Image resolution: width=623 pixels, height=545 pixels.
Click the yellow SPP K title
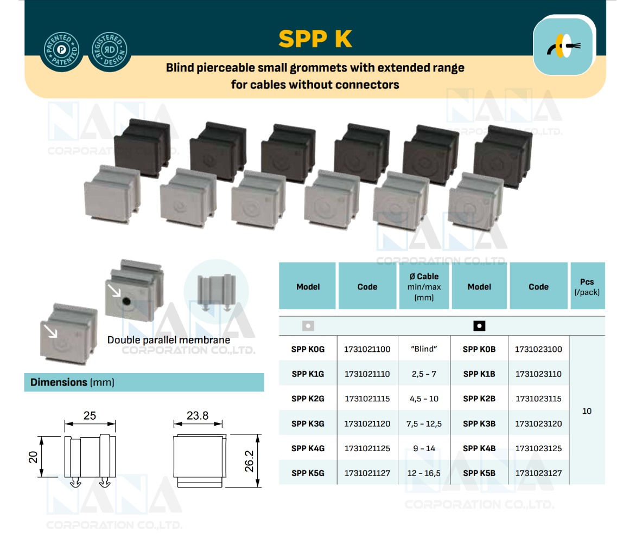click(315, 39)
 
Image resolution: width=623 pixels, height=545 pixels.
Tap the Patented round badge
click(61, 50)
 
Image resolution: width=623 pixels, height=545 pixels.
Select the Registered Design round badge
click(109, 50)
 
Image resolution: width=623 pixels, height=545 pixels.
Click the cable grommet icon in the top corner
click(563, 45)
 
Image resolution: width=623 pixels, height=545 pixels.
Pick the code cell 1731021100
click(367, 349)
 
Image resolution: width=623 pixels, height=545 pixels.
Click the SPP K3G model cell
click(308, 424)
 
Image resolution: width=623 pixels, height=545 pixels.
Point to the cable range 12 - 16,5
click(424, 473)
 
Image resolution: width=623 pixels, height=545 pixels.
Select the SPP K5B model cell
click(479, 473)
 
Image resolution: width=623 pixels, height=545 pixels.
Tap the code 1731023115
click(538, 399)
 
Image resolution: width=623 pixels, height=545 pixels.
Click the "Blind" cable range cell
click(424, 349)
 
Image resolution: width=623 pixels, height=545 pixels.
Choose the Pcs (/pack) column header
click(587, 286)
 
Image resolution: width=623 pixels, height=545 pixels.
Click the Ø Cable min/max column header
click(424, 286)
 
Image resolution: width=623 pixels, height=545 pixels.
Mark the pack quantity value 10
click(587, 411)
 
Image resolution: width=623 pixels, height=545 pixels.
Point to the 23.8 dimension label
click(198, 415)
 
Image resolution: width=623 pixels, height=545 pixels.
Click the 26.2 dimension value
click(249, 461)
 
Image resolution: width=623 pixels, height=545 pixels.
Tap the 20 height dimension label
click(33, 457)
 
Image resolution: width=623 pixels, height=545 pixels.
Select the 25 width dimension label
click(90, 415)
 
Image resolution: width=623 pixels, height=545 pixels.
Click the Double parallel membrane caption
click(168, 340)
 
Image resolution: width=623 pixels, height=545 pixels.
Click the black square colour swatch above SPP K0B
click(479, 326)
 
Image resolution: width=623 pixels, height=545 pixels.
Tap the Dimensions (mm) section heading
click(72, 382)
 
